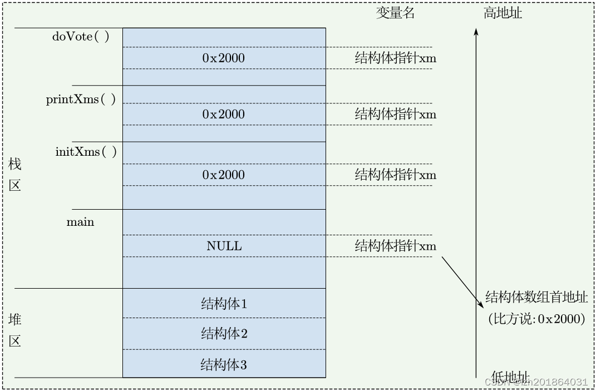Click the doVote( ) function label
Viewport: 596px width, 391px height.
(x=81, y=37)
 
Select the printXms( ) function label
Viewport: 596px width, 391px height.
(x=81, y=100)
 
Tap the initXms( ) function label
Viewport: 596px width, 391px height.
(x=86, y=152)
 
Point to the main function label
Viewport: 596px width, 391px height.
(x=80, y=222)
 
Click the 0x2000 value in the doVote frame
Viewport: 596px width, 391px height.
(x=223, y=58)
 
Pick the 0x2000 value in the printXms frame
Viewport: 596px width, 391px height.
(x=223, y=114)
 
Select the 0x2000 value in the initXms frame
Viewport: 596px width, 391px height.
(x=223, y=175)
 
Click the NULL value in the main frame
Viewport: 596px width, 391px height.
(x=224, y=246)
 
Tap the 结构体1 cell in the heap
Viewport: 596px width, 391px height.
(x=224, y=304)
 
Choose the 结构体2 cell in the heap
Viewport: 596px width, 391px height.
(x=224, y=334)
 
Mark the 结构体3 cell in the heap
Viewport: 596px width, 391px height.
(x=224, y=365)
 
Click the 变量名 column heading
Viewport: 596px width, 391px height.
(x=396, y=13)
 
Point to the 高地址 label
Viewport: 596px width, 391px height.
(x=503, y=13)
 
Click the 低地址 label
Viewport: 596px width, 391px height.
(x=510, y=377)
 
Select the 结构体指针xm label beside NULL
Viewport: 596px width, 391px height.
(x=396, y=246)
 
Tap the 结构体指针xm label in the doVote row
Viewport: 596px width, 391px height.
(x=396, y=58)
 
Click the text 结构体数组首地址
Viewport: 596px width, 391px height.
(x=536, y=297)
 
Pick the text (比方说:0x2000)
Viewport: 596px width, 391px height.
(x=536, y=319)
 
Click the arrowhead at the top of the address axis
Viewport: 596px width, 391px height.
(x=476, y=32)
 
